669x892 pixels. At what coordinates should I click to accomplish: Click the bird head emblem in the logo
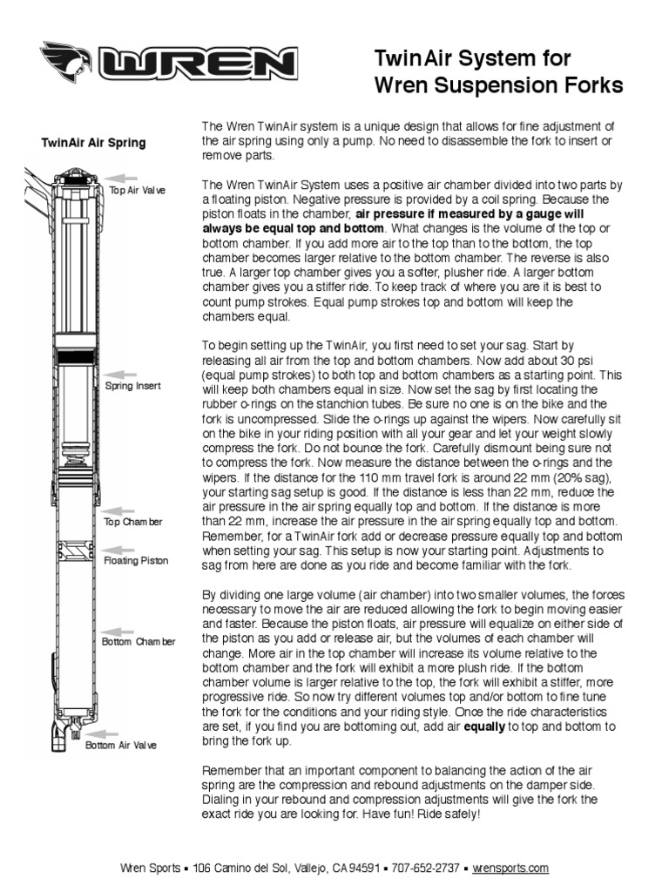click(x=69, y=62)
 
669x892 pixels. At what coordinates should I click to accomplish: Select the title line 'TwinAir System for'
click(x=472, y=59)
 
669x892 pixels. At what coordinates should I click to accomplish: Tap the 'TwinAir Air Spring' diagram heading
click(x=94, y=143)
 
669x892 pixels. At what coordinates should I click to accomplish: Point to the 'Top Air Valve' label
click(x=137, y=189)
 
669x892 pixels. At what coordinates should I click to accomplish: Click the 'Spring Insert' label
click(x=132, y=386)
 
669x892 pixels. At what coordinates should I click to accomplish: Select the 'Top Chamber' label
click(x=133, y=522)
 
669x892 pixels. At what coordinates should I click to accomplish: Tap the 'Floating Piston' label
click(x=136, y=561)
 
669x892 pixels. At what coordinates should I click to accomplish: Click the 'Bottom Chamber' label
click(x=139, y=642)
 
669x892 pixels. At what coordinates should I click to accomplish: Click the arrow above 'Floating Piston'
click(x=117, y=549)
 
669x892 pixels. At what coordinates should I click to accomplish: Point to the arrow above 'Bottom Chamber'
click(x=117, y=630)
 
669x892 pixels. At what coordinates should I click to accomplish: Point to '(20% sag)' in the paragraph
click(x=584, y=478)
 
